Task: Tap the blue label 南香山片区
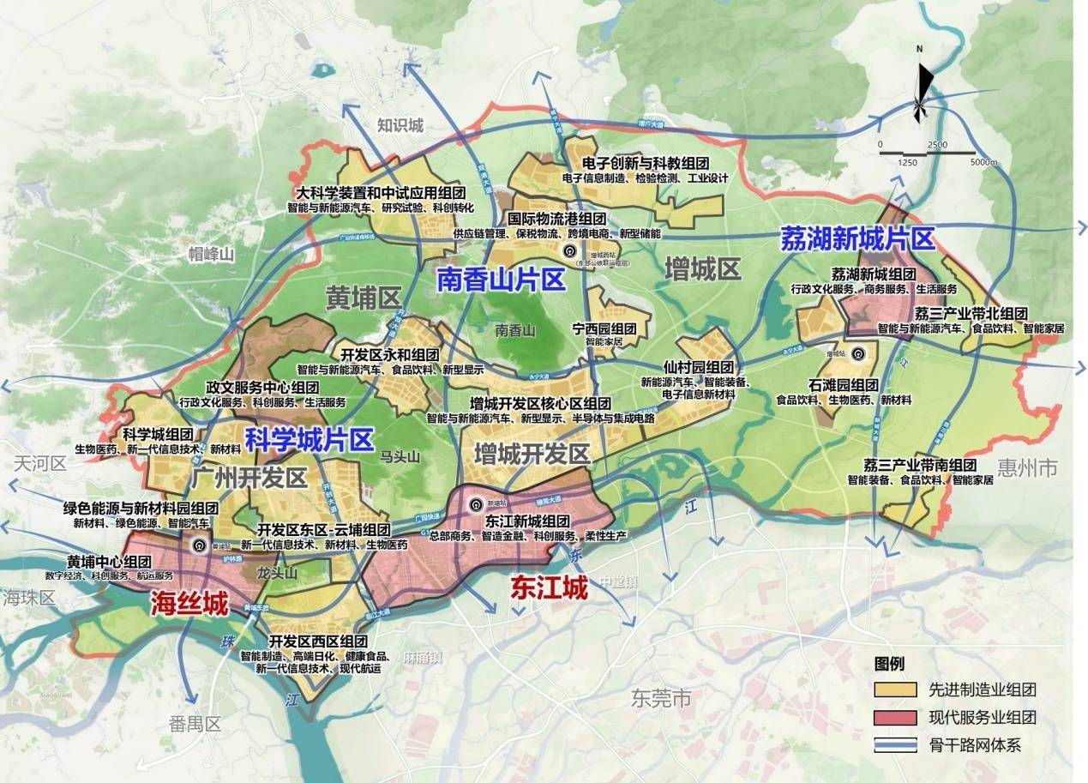500,280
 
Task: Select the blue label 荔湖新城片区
856,238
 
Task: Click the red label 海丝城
189,605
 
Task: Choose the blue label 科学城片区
309,441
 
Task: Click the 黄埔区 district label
364,298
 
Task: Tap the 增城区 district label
702,269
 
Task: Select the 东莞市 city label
659,698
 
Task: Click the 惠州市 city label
1028,467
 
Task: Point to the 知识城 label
400,126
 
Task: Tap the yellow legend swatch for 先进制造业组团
895,690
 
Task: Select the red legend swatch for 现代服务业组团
895,717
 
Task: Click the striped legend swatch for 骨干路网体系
895,744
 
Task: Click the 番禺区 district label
195,724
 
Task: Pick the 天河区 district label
39,464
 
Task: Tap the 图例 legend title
889,664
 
